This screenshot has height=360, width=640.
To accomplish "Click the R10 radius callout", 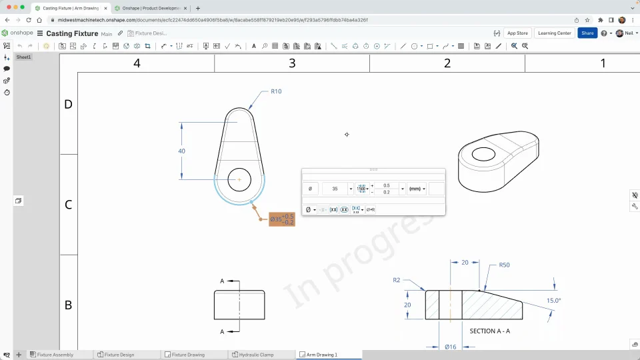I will [275, 91].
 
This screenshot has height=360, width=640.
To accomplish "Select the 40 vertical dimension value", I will [181, 151].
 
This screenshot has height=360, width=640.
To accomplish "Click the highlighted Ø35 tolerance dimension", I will [281, 219].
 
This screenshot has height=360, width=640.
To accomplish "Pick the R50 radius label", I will [505, 265].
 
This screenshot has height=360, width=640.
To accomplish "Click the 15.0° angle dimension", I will [553, 301].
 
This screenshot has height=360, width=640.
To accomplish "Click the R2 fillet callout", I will [396, 280].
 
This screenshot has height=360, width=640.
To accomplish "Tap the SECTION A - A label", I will [490, 331].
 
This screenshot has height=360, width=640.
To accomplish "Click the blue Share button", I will [587, 33].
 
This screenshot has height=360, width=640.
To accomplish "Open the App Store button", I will [517, 33].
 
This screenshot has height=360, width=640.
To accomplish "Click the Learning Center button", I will [554, 33].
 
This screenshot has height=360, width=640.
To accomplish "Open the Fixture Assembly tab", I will [55, 355].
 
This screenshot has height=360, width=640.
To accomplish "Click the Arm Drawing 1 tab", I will [321, 355].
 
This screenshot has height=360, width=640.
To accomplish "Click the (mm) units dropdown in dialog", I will [417, 189].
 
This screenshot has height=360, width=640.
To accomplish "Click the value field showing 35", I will [335, 189].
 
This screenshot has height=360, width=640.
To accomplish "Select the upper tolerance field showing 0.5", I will [387, 185].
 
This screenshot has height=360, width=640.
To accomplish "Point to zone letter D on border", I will [68, 105].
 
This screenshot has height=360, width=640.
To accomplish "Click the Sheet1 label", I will [24, 57].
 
